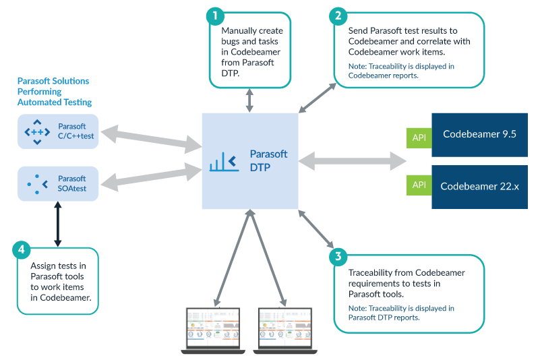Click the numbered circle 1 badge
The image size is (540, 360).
215,16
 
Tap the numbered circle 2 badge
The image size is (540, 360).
338,16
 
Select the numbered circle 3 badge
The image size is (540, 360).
338,257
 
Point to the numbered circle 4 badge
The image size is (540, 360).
22,249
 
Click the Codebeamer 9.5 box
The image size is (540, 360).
479,135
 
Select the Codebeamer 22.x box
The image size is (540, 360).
479,187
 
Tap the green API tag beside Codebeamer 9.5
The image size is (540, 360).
419,138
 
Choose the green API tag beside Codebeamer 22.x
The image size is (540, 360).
419,185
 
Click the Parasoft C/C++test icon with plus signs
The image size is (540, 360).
37,132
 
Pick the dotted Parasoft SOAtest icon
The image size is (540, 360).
37,184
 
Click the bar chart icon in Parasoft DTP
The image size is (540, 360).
224,162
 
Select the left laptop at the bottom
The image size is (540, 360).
213,331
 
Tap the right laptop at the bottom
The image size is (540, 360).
285,331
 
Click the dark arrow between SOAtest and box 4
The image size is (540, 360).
58,224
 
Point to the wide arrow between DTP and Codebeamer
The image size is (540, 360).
353,161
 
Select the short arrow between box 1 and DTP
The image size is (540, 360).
249,100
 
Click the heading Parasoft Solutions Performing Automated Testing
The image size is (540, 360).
55,92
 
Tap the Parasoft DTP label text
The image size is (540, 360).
268,160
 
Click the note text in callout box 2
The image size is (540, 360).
401,71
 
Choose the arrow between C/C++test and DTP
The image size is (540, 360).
152,139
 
